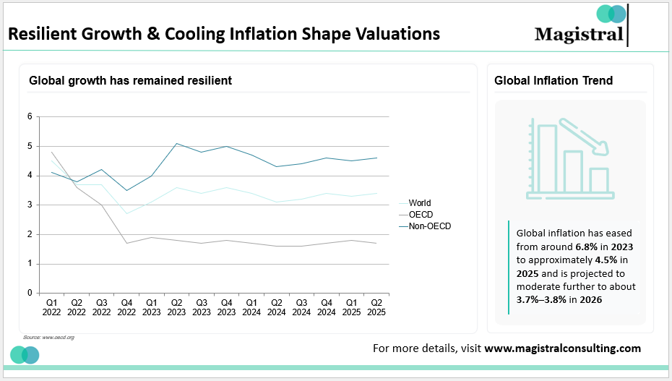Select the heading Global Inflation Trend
point(553,80)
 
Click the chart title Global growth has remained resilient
point(130,80)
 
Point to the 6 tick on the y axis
point(30,116)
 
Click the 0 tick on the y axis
point(30,293)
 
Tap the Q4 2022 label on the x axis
point(126,307)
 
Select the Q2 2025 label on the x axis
point(376,307)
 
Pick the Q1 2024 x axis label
point(251,307)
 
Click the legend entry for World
point(419,203)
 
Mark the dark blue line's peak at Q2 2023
point(176,143)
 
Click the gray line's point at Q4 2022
point(126,243)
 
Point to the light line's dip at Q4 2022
point(126,213)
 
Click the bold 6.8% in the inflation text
point(587,247)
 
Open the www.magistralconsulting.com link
point(562,348)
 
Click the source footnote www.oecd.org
point(49,338)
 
